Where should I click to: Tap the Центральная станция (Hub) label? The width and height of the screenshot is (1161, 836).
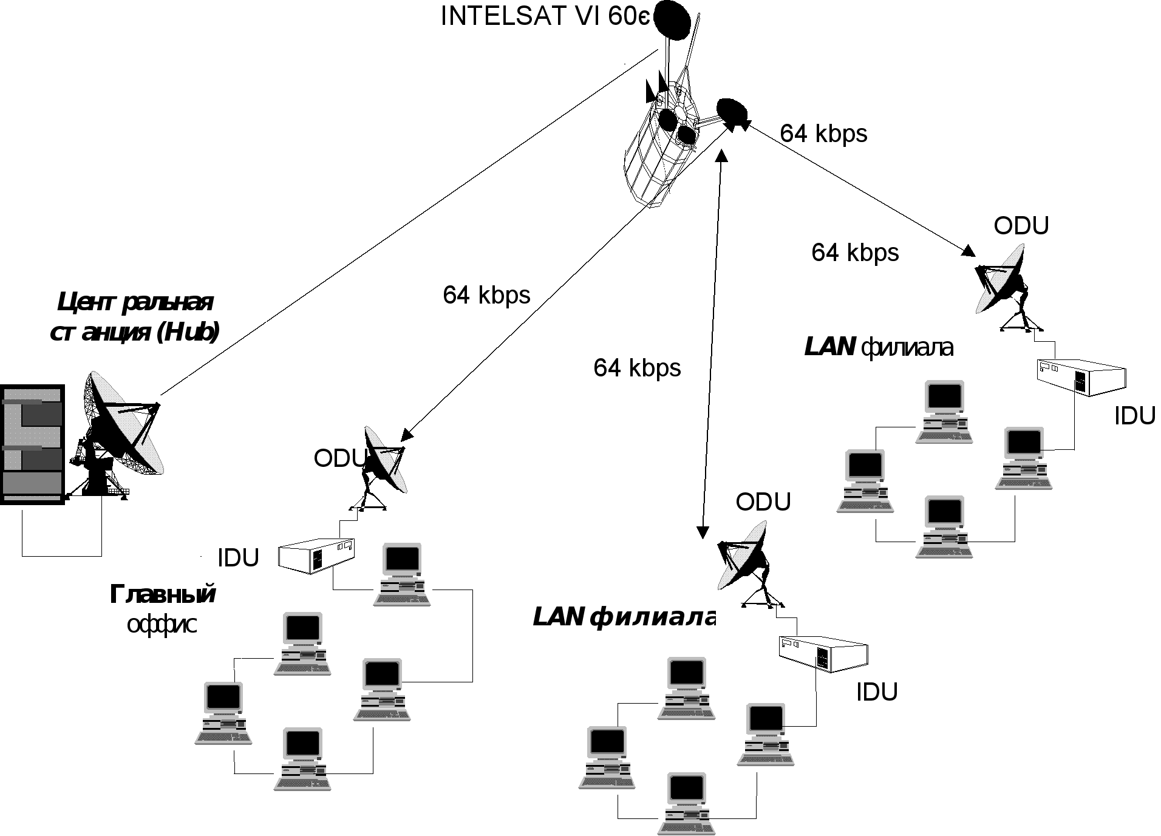(x=135, y=317)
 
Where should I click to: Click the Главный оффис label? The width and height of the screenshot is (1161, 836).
(x=162, y=610)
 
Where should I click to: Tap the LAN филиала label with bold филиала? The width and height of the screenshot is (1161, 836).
(x=624, y=617)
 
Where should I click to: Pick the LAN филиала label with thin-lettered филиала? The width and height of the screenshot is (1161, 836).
(x=879, y=347)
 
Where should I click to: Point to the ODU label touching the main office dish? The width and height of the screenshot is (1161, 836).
(x=341, y=458)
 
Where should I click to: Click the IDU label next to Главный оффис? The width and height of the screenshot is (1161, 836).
(x=238, y=558)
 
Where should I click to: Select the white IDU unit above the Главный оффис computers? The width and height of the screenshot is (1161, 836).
(x=316, y=555)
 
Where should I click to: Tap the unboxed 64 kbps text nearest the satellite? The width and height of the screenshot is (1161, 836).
(x=823, y=134)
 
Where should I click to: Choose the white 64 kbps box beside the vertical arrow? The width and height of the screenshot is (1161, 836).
(x=638, y=369)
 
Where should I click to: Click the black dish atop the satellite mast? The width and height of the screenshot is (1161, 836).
(x=672, y=20)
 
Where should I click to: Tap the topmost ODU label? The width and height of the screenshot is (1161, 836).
(x=1021, y=226)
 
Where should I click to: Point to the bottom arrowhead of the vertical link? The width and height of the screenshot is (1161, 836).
(x=703, y=532)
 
